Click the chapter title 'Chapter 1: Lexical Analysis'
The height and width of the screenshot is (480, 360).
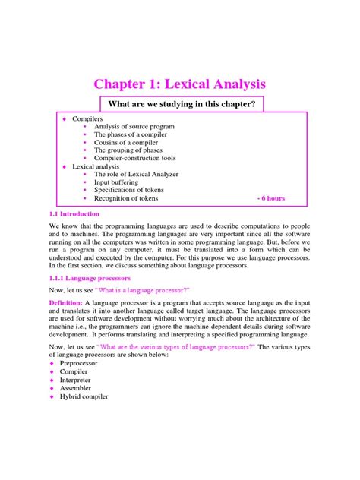pos(180,84)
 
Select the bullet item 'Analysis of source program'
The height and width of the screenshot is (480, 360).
pos(134,126)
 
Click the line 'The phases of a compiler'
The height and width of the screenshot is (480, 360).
pos(131,135)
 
